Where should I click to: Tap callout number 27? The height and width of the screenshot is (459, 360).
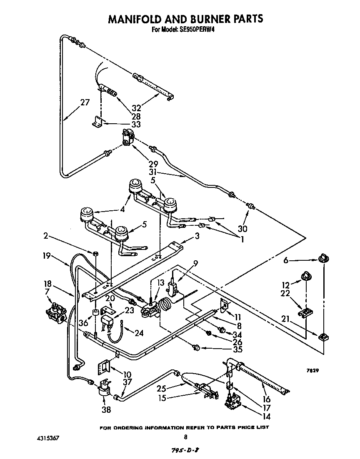[x=85, y=102]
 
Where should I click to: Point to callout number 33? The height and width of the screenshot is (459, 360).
[x=136, y=124]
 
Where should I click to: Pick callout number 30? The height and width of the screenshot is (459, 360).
[x=242, y=228]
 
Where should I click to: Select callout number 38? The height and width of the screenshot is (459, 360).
[x=107, y=409]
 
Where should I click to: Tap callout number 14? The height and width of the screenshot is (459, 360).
[x=266, y=416]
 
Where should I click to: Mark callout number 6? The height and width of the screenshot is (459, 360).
[x=285, y=260]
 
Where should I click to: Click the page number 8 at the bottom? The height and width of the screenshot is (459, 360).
[x=185, y=437]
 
